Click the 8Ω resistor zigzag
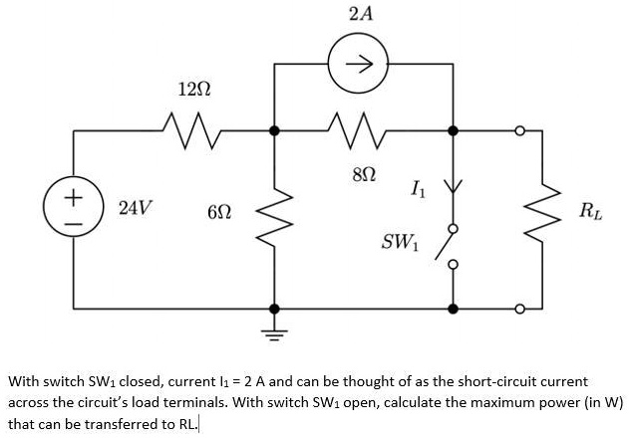pyautogui.click(x=356, y=130)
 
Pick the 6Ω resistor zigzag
pyautogui.click(x=274, y=217)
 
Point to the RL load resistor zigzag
pyautogui.click(x=542, y=217)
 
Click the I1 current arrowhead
pyautogui.click(x=453, y=186)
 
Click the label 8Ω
pyautogui.click(x=364, y=174)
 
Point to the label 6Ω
pyautogui.click(x=219, y=212)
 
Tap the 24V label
pyautogui.click(x=136, y=208)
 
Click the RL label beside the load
pyautogui.click(x=590, y=211)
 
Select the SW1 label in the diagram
pyautogui.click(x=400, y=242)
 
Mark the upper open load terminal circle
pyautogui.click(x=520, y=130)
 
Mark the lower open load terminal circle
pyautogui.click(x=520, y=309)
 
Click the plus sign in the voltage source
pyautogui.click(x=74, y=197)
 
